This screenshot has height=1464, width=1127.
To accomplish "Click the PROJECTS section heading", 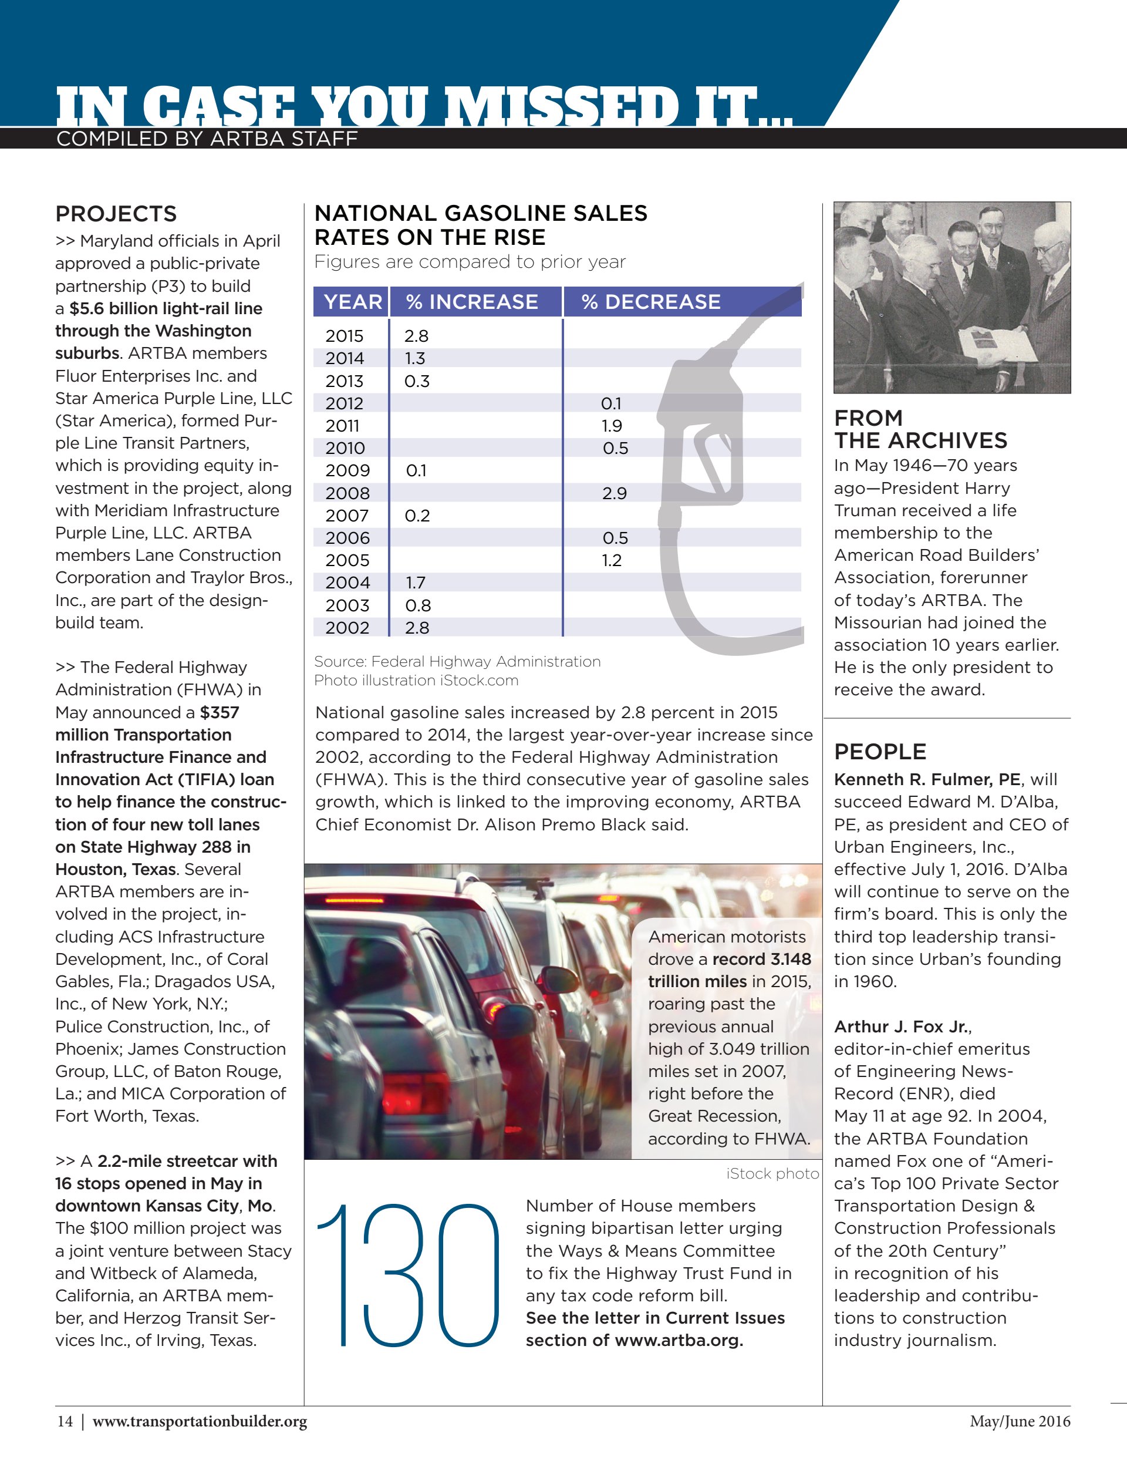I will pos(116,214).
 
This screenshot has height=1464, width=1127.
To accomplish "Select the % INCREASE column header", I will pos(472,302).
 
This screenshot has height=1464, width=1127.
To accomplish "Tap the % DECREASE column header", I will pos(650,302).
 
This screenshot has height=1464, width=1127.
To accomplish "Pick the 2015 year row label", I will pos(345,336).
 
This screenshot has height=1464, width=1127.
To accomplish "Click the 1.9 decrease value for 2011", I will pos(612,426).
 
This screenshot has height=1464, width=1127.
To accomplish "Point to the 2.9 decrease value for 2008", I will pos(615,493).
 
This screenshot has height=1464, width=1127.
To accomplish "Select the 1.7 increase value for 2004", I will pos(416,583).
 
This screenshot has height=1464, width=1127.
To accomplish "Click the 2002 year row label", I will pos(347,627).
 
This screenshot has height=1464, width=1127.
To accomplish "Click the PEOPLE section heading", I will pos(880,752).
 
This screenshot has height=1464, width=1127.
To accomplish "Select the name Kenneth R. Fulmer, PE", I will pos(927,780).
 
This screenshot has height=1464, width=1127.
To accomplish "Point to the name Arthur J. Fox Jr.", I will pos(902,1027).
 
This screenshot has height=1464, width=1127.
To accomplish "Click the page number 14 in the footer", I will pos(65,1421).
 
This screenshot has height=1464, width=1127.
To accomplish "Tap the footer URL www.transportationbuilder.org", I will pos(200,1421).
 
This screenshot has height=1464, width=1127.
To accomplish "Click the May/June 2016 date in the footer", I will pos(1019,1421).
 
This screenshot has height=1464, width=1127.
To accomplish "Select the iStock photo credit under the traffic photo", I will pos(772,1173).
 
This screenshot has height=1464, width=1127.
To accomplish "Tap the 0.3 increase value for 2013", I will pos(417,381).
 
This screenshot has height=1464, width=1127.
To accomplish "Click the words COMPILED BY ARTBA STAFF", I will pos(207,139).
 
